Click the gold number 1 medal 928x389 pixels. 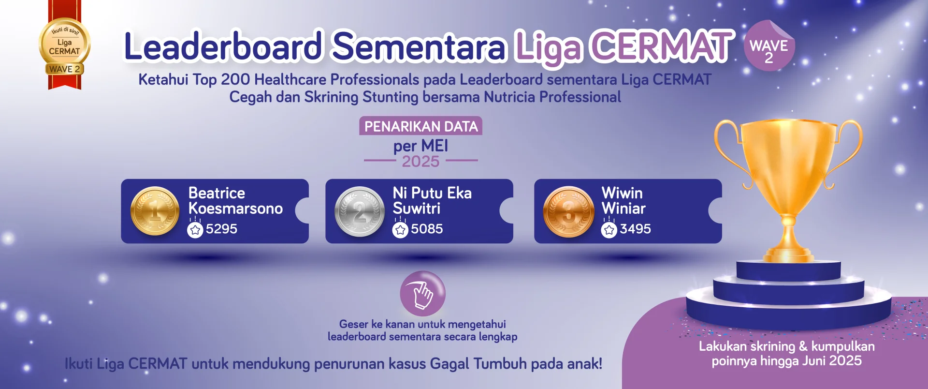155,211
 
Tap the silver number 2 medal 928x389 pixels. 360,211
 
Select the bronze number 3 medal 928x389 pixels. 568,211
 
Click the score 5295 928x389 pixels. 221,229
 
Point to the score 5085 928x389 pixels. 427,229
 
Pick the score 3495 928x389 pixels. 635,229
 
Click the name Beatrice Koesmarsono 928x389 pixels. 235,201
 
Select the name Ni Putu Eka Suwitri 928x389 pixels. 432,201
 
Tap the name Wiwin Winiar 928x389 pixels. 623,201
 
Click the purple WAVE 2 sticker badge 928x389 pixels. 769,46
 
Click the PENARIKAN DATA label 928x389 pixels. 420,126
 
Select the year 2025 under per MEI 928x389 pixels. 420,162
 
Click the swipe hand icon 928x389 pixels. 422,293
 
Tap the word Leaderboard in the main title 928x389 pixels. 223,46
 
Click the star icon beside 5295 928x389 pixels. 195,230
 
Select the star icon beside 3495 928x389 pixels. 609,230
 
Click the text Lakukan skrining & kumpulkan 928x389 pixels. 786,346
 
